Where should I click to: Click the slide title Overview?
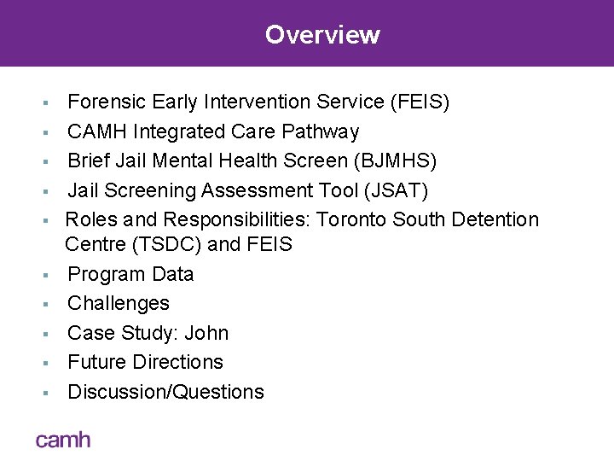(x=322, y=35)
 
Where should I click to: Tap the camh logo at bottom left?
(x=62, y=440)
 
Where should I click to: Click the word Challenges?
(x=119, y=303)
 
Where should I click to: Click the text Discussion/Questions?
(x=165, y=392)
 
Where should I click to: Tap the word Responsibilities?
(x=238, y=219)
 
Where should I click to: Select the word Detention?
(x=498, y=219)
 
